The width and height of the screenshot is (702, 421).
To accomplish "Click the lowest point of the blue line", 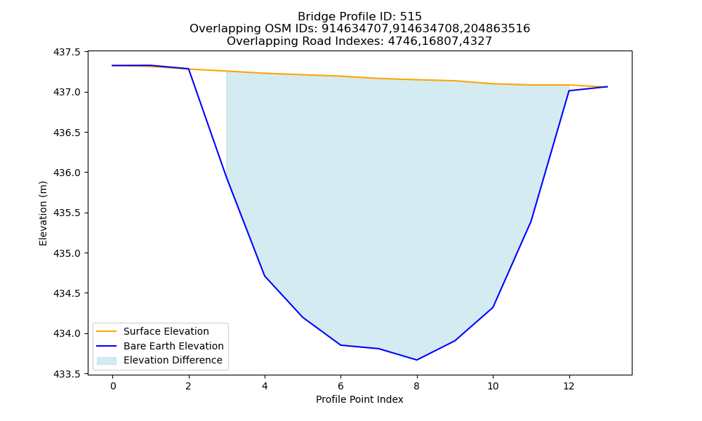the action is (x=417, y=360).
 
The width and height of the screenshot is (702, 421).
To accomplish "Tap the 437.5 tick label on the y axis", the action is (x=67, y=53).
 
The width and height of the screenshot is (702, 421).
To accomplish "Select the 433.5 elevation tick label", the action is (x=67, y=374).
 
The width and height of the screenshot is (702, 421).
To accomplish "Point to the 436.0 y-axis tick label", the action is (x=67, y=173).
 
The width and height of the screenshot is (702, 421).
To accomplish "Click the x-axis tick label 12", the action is (x=569, y=386).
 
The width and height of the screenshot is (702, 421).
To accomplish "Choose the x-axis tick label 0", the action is (x=113, y=386).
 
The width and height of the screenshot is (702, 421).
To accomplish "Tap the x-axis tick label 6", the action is (x=340, y=386).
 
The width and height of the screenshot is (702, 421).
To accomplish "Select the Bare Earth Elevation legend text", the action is (x=173, y=346).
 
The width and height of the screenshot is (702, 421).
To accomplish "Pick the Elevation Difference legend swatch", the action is (x=107, y=360).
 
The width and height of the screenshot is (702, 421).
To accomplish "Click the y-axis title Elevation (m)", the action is (x=43, y=213).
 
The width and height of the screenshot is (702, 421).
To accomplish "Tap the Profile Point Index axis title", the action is (x=359, y=399).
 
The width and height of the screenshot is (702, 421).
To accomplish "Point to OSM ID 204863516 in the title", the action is (x=496, y=29).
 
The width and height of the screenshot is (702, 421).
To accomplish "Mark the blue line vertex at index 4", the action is (x=265, y=276).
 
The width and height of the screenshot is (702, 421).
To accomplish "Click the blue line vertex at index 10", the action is (x=493, y=307).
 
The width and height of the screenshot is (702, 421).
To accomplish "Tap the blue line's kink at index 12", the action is (x=569, y=91).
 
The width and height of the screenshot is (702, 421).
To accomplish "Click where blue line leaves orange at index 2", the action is (x=188, y=69).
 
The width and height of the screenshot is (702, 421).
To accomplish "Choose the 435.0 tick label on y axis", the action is (x=67, y=253).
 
